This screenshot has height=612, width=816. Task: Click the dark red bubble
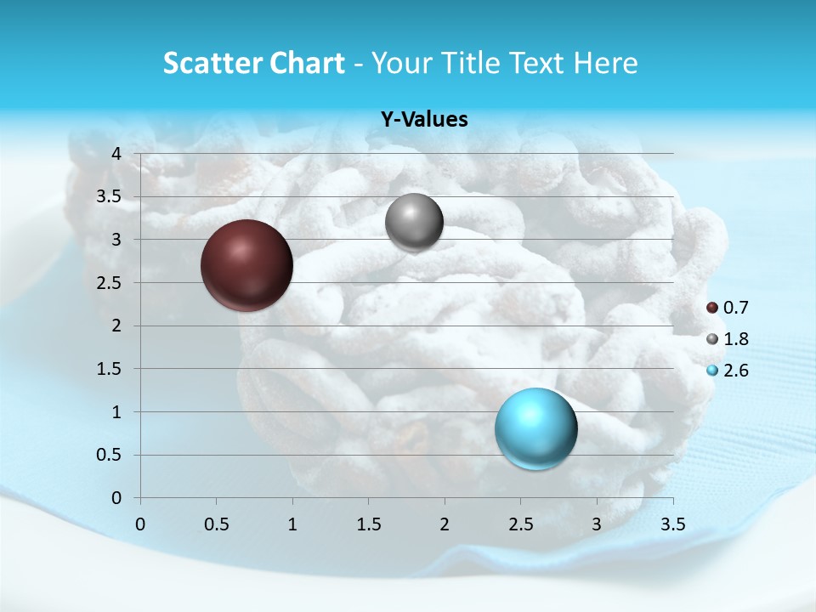[247, 265]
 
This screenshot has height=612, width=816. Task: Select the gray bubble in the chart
[414, 223]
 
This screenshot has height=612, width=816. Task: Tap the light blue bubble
[535, 428]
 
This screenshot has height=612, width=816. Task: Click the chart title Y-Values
[424, 120]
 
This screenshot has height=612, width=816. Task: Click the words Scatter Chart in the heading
[253, 63]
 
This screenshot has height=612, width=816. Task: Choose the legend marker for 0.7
[712, 307]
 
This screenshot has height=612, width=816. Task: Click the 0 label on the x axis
[140, 524]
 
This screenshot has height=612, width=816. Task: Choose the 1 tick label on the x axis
[292, 524]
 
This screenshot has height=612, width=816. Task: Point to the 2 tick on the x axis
[445, 524]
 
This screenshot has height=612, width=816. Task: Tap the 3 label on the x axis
[597, 524]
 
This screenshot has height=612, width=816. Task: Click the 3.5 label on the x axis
[672, 524]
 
